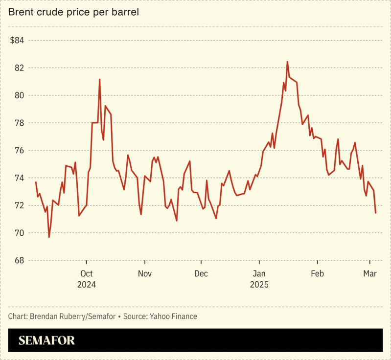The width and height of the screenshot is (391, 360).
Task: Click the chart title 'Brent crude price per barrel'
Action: click(x=73, y=12)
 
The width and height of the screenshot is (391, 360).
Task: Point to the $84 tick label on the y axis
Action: click(x=18, y=40)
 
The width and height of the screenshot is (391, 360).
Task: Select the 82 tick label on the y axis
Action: click(x=19, y=67)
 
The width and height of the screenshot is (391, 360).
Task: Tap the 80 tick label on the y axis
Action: click(x=19, y=95)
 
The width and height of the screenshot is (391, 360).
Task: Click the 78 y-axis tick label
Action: click(x=19, y=123)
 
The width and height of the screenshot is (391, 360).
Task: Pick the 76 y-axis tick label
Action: click(x=19, y=150)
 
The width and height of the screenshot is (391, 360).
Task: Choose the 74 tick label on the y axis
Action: click(x=19, y=178)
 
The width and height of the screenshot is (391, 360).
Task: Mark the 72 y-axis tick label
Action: click(x=19, y=205)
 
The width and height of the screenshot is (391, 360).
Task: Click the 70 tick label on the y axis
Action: click(x=19, y=233)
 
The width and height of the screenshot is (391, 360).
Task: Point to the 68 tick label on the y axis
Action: click(x=19, y=260)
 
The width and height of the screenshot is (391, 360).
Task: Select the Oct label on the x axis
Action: click(x=86, y=273)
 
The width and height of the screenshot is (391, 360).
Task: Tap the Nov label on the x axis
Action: click(x=144, y=273)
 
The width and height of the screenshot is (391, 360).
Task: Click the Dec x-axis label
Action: click(x=202, y=273)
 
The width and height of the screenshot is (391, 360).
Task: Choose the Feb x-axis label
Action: click(x=318, y=273)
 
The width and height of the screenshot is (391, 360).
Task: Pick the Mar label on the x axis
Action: click(x=369, y=273)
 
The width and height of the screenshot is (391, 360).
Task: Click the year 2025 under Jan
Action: click(x=260, y=284)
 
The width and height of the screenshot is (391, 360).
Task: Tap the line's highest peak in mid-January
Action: click(x=287, y=62)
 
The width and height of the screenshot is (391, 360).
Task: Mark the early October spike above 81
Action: click(x=99, y=79)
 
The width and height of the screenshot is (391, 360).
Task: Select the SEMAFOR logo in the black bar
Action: click(x=47, y=340)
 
